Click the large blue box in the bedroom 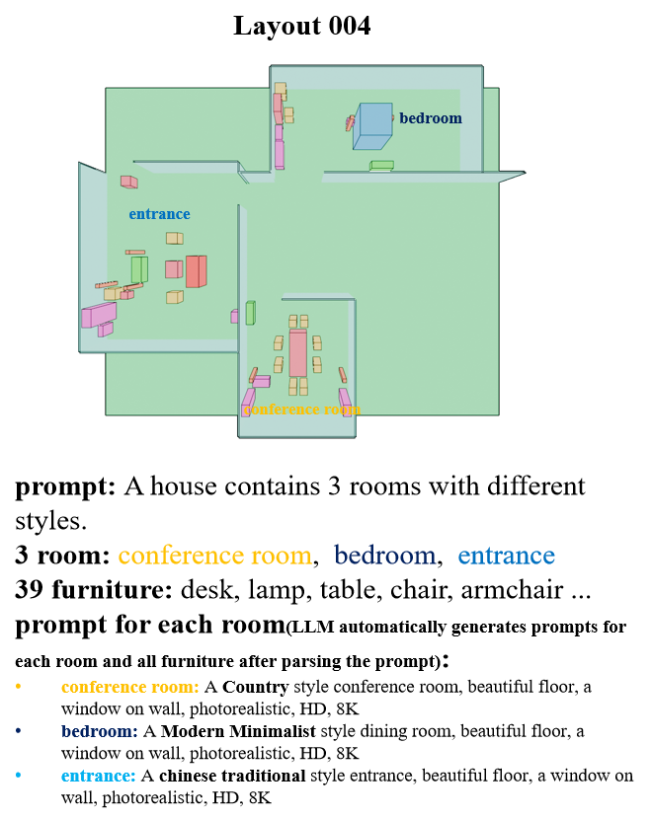[373, 125]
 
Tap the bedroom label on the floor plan [430, 118]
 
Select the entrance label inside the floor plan [159, 214]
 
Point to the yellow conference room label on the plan [302, 409]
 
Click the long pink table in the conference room [297, 353]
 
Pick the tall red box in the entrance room [196, 271]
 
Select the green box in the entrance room [139, 269]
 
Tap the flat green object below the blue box [381, 166]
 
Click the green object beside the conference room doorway [250, 313]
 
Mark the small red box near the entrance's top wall [128, 182]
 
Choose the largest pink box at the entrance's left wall [100, 315]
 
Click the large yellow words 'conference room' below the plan [214, 556]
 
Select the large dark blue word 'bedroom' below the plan [384, 556]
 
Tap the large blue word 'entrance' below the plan [506, 556]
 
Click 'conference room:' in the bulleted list [129, 687]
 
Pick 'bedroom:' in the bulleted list [99, 731]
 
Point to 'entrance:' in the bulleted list [98, 776]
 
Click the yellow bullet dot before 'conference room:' [18, 686]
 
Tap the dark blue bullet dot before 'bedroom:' [18, 730]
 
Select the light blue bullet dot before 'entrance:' [18, 775]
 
